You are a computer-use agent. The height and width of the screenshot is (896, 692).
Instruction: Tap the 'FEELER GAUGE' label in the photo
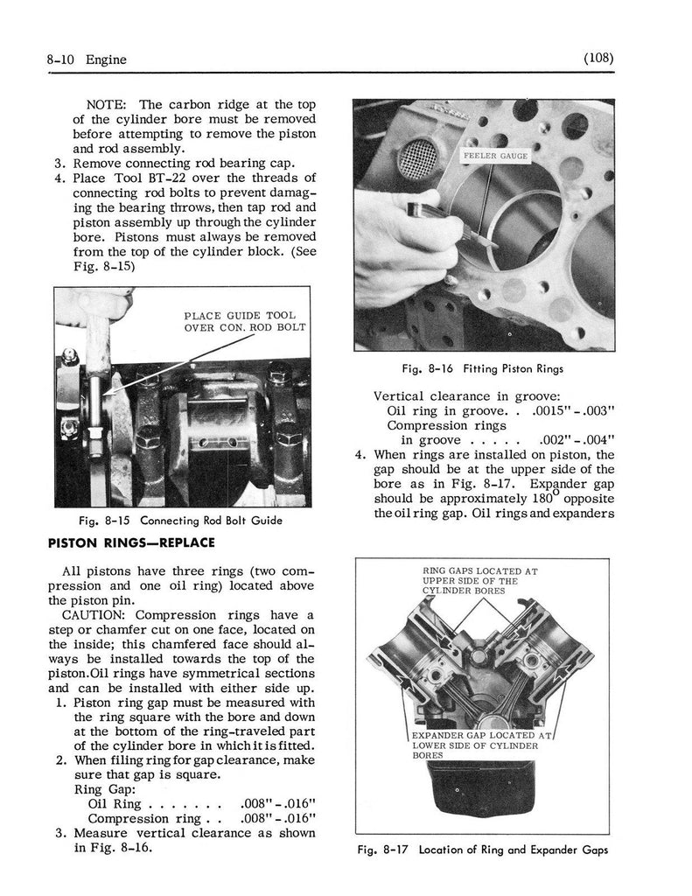coord(494,156)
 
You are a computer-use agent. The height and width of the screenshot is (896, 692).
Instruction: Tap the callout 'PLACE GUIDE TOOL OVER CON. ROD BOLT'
coord(239,322)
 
